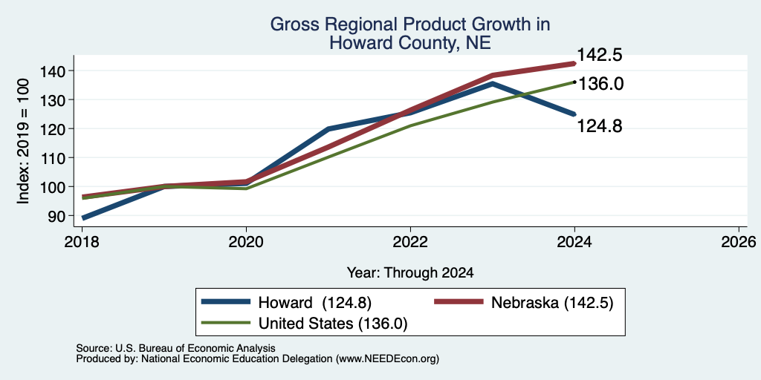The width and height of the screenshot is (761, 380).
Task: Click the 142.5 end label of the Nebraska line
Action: click(x=598, y=55)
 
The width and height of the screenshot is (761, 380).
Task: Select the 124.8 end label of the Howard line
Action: click(x=600, y=126)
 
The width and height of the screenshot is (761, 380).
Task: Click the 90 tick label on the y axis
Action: click(x=55, y=216)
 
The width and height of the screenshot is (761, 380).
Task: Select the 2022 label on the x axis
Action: click(x=410, y=241)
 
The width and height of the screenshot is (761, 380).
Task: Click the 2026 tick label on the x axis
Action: click(x=739, y=241)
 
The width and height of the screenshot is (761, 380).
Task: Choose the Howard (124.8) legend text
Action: click(x=315, y=303)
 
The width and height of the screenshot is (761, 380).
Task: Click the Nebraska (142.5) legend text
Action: click(x=552, y=303)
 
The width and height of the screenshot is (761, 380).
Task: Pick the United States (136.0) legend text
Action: click(x=332, y=324)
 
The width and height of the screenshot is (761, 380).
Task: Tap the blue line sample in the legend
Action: click(x=227, y=302)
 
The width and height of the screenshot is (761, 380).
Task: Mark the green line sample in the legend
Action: click(x=227, y=323)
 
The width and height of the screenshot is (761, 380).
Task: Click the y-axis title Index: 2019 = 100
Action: click(x=23, y=141)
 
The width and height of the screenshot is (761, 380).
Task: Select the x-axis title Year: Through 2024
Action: click(x=410, y=273)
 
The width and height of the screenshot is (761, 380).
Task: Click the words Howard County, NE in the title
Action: click(x=410, y=43)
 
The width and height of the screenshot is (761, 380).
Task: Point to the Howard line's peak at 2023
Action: click(x=492, y=83)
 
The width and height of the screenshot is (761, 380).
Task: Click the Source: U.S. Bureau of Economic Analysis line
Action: click(x=175, y=348)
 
